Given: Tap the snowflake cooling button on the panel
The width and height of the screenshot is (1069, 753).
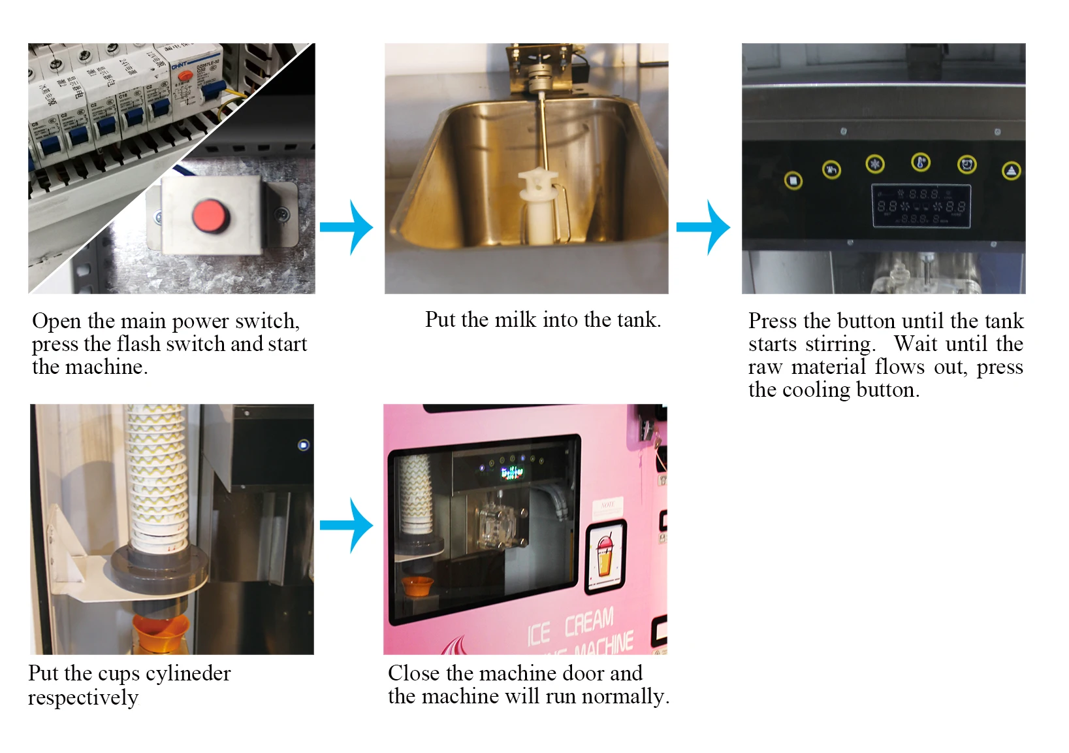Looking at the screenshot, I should coord(874,164).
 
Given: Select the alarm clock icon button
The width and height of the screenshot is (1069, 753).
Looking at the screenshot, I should coord(966,165).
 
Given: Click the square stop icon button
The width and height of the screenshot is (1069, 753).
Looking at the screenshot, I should coord(793,180).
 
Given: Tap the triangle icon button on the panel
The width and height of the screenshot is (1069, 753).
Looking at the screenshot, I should coord(1011,171).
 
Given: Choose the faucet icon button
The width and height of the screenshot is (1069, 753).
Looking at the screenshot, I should coord(831,171).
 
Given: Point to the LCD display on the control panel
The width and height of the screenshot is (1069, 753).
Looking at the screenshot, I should coord(921,207).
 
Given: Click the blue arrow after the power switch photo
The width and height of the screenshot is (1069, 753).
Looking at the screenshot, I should coord(348,227).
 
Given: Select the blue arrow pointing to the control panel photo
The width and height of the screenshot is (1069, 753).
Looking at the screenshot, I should coord(705,227).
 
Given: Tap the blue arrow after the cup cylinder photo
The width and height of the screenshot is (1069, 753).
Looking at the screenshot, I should coord(348,525).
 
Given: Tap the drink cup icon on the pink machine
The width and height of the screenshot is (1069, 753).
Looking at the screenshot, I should coord(605,556).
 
